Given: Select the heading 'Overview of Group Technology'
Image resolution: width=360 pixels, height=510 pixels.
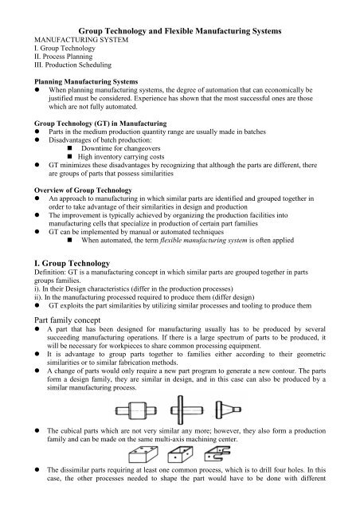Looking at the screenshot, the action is pyautogui.click(x=72, y=192).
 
